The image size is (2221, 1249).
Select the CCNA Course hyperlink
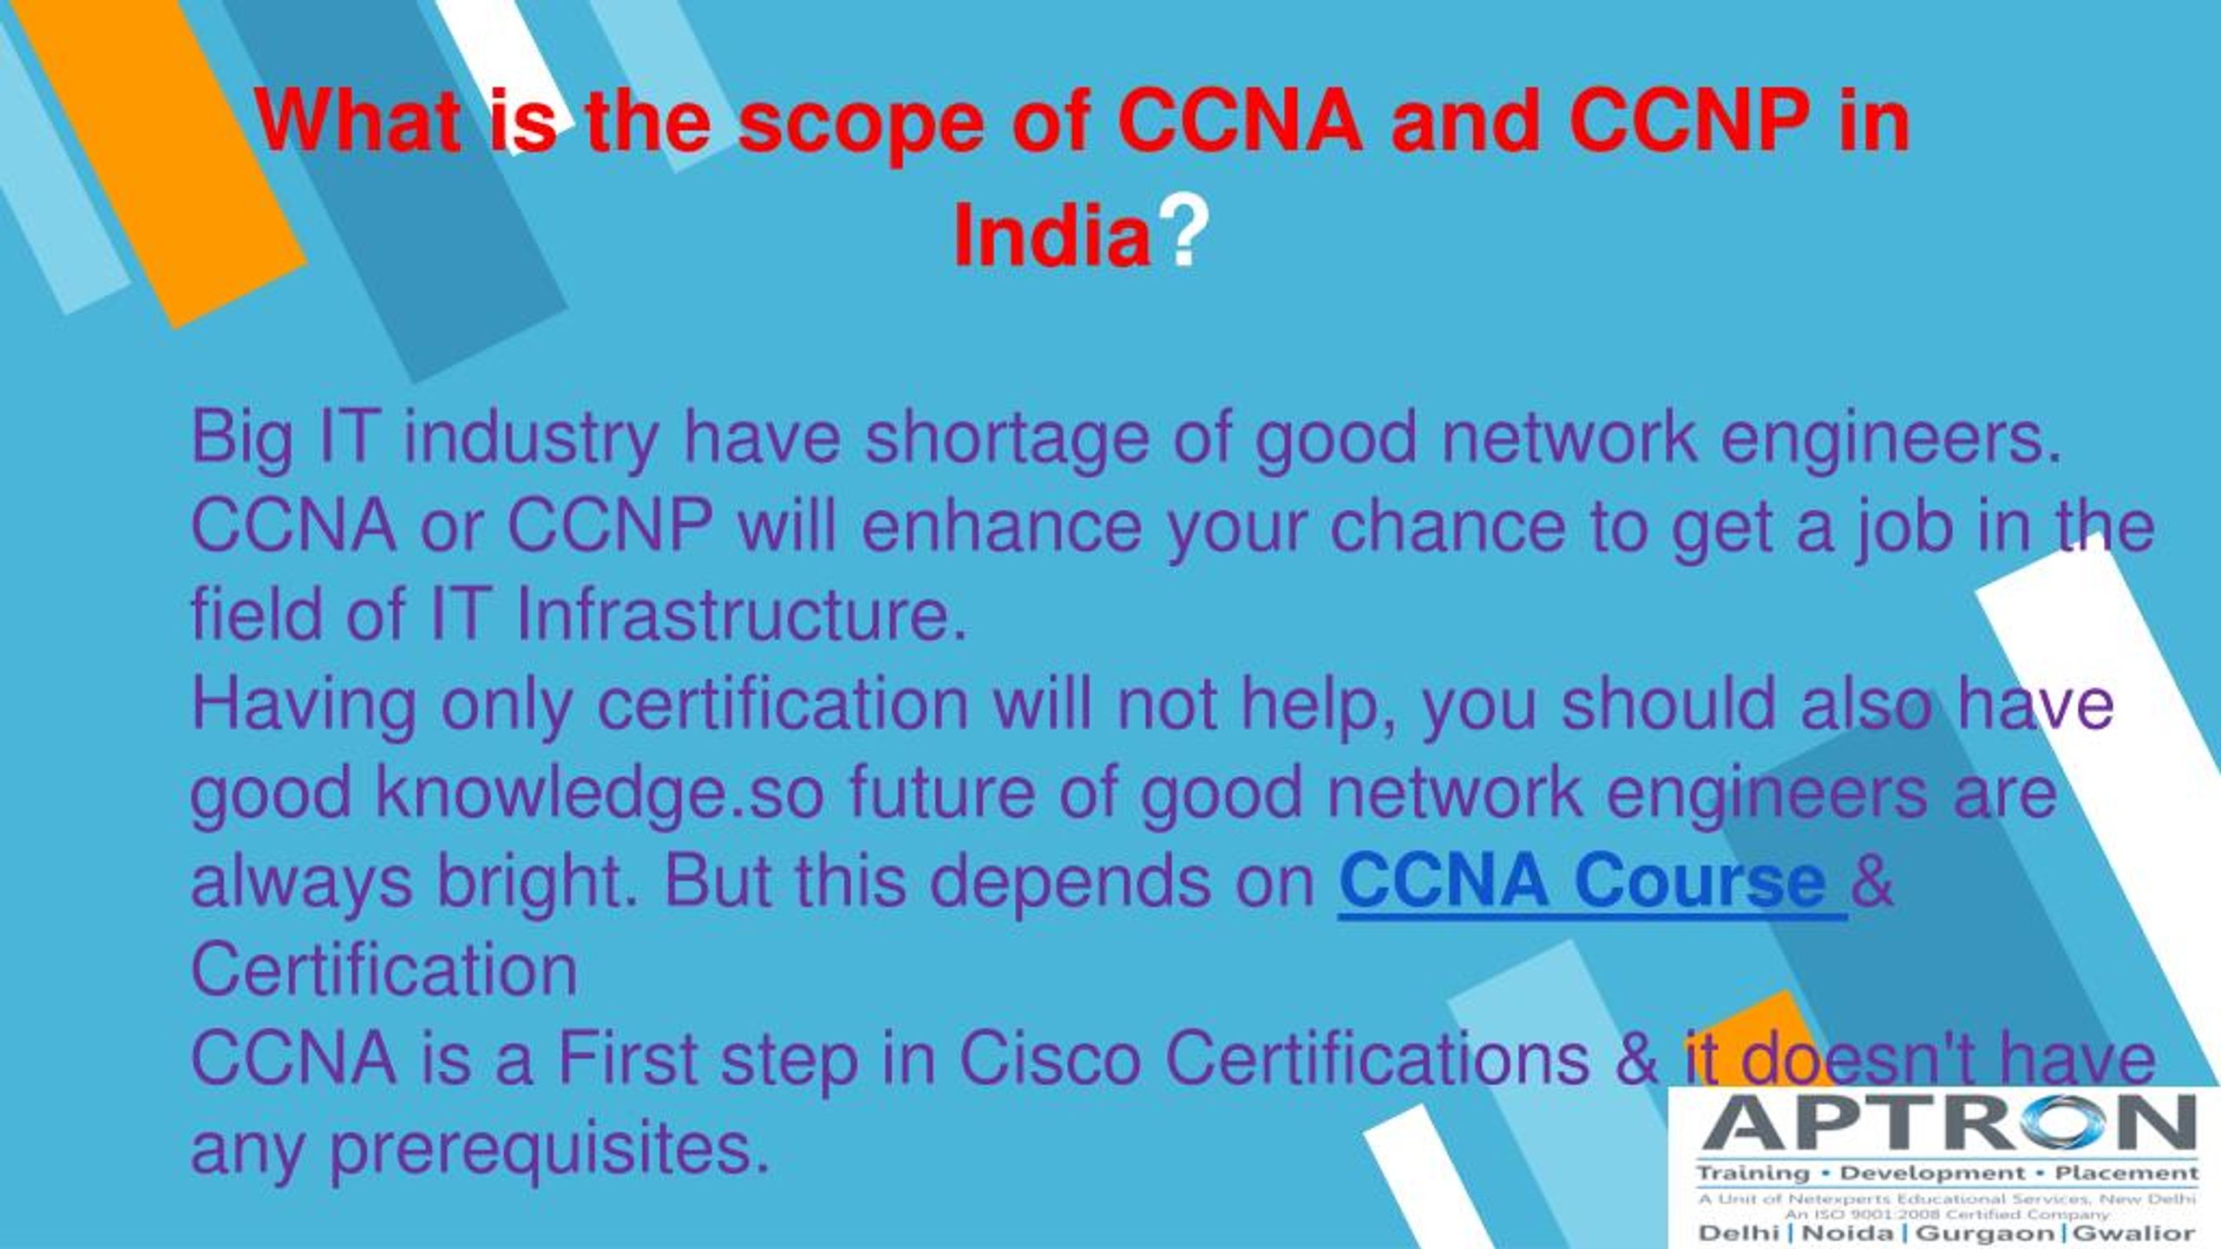[1592, 880]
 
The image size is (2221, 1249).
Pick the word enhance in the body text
[1001, 527]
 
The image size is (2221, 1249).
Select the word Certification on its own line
[383, 970]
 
